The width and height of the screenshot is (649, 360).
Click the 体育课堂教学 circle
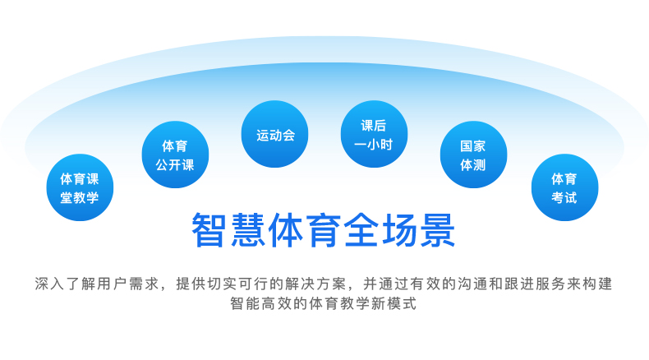[80, 187]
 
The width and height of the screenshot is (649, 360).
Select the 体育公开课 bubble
[175, 155]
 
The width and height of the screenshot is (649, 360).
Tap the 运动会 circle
[275, 134]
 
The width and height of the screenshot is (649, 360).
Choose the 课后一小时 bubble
[374, 134]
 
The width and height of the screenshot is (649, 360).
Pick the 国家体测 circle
[473, 155]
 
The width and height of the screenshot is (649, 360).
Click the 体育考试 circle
[565, 187]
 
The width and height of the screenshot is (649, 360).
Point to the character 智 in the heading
[209, 230]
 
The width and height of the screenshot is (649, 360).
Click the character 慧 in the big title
[247, 230]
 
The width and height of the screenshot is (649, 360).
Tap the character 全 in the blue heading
[361, 230]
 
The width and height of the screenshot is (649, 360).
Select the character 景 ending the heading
[438, 230]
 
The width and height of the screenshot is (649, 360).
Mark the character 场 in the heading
[399, 230]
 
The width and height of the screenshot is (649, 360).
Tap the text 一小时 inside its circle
[373, 145]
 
